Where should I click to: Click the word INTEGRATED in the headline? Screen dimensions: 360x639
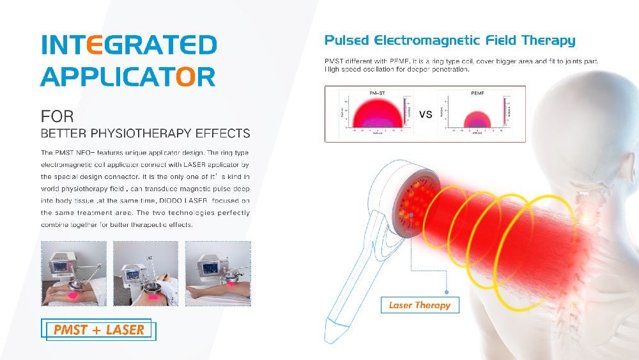[x=128, y=45]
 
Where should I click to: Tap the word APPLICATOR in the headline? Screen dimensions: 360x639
[x=127, y=77]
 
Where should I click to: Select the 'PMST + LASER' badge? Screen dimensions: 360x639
[x=99, y=330]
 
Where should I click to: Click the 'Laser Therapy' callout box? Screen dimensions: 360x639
[x=419, y=305]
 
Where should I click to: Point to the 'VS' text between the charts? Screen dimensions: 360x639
[x=426, y=114]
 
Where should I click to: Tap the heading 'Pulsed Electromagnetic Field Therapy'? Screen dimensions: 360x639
[x=449, y=41]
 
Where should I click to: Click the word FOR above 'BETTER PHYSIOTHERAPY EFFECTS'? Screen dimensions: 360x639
[x=57, y=117]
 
